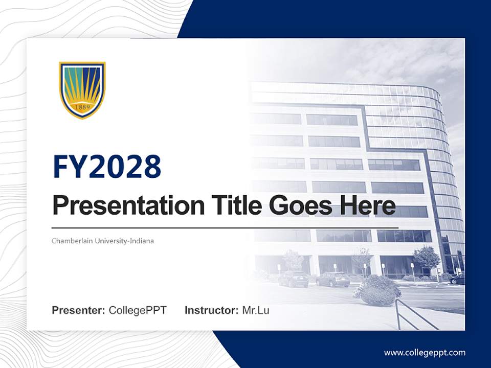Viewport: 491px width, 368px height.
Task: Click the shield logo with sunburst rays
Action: [82, 90]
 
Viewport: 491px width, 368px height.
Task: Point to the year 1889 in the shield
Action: [82, 107]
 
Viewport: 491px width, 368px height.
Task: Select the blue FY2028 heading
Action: [107, 167]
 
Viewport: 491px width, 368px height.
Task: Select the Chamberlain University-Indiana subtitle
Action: [103, 241]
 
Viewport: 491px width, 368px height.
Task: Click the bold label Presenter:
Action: [78, 310]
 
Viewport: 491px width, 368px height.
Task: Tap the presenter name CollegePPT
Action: [138, 310]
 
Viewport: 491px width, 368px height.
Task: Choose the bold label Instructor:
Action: [211, 310]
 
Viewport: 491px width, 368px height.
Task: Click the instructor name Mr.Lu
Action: [256, 310]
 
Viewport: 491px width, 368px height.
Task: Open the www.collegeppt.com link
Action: [425, 353]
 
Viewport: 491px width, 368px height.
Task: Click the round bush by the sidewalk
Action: [377, 290]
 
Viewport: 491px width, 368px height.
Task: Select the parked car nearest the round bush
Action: [332, 279]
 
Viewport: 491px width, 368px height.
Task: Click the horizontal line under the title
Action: [225, 227]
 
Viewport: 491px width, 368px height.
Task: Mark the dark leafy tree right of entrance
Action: [427, 257]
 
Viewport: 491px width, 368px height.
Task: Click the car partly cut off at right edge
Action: [458, 279]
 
